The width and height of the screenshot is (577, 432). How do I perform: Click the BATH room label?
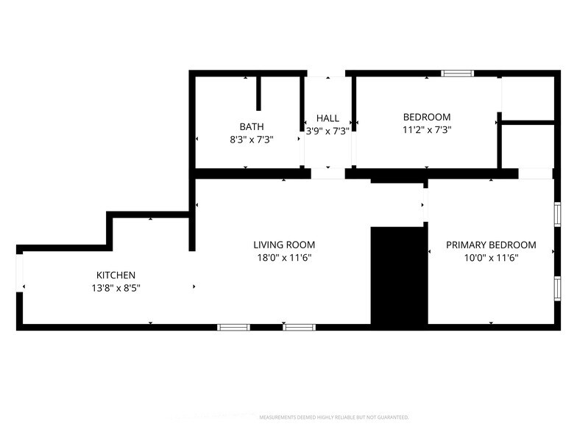pyautogui.click(x=251, y=126)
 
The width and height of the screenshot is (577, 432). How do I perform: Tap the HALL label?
pyautogui.click(x=328, y=118)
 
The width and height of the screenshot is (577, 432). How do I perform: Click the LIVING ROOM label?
pyautogui.click(x=284, y=245)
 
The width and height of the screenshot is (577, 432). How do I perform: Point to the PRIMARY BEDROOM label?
pyautogui.click(x=491, y=245)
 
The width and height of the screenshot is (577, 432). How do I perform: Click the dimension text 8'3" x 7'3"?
pyautogui.click(x=251, y=139)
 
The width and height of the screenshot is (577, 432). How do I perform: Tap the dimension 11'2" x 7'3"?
pyautogui.click(x=426, y=129)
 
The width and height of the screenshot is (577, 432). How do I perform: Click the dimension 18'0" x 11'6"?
pyautogui.click(x=284, y=257)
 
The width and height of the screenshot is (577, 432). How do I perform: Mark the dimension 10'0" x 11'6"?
pyautogui.click(x=491, y=257)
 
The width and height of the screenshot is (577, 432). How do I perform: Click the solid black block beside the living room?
pyautogui.click(x=398, y=276)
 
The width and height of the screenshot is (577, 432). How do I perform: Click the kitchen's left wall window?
pyautogui.click(x=21, y=272)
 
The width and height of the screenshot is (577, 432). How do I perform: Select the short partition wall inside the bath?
pyautogui.click(x=258, y=93)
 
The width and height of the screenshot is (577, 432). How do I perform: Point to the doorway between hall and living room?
pyautogui.click(x=328, y=174)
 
